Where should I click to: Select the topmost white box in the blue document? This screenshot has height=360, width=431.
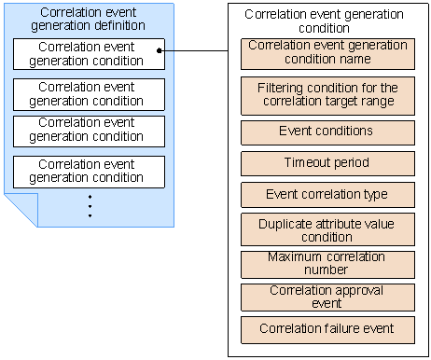pyautogui.click(x=89, y=54)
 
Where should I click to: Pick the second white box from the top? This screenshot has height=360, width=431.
pyautogui.click(x=89, y=94)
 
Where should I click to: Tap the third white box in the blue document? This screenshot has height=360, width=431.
pyautogui.click(x=89, y=130)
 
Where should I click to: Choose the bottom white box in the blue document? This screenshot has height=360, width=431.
pyautogui.click(x=89, y=171)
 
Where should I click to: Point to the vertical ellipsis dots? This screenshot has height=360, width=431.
pyautogui.click(x=90, y=206)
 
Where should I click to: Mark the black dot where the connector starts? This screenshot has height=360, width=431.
pyautogui.click(x=160, y=51)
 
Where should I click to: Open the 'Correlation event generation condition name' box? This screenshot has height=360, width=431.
pyautogui.click(x=327, y=53)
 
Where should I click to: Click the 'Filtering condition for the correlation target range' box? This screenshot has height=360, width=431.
pyautogui.click(x=327, y=95)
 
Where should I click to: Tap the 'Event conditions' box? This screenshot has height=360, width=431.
pyautogui.click(x=327, y=132)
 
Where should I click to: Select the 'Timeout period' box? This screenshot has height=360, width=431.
pyautogui.click(x=327, y=163)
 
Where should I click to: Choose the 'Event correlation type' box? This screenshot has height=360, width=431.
pyautogui.click(x=327, y=195)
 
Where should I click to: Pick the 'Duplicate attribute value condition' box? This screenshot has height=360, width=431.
pyautogui.click(x=327, y=230)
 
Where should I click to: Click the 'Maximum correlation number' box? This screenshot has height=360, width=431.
pyautogui.click(x=327, y=263)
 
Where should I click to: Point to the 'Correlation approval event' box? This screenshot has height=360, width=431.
pyautogui.click(x=327, y=297)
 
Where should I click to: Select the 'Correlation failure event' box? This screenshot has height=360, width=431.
pyautogui.click(x=327, y=329)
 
